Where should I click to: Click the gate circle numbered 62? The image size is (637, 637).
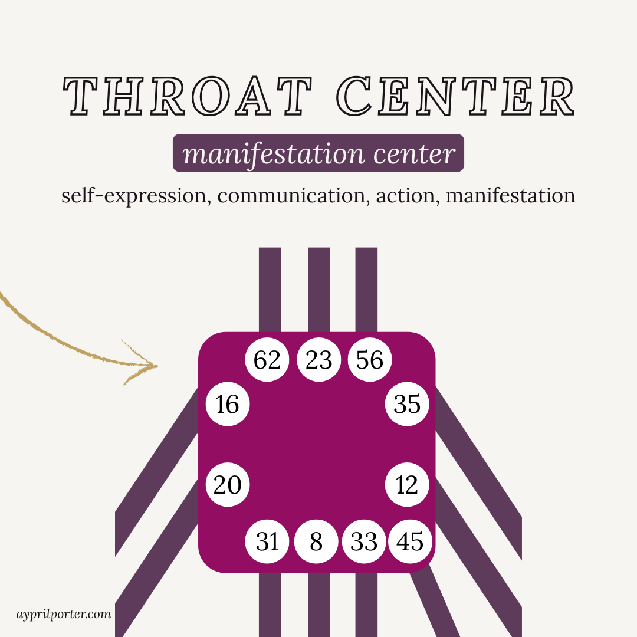coord(267,360)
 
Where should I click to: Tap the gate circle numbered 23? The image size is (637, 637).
coord(318,360)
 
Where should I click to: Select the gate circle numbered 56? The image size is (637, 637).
coord(370,360)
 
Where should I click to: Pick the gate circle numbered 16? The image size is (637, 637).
coord(228,405)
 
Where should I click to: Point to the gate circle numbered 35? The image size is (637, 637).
coord(407,405)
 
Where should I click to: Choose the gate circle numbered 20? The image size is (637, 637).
coord(228,485)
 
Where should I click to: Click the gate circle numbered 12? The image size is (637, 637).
coord(407,485)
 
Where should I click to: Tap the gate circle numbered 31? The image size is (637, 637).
coord(267,541)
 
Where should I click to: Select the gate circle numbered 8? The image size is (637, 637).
coord(316,541)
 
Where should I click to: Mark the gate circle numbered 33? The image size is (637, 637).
coord(364,541)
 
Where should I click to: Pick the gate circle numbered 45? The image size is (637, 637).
coord(410,541)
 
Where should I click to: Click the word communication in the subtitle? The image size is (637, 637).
coord(291,195)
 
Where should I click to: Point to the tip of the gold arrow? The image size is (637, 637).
coord(157,366)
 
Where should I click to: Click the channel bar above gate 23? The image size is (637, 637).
coord(319,289)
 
